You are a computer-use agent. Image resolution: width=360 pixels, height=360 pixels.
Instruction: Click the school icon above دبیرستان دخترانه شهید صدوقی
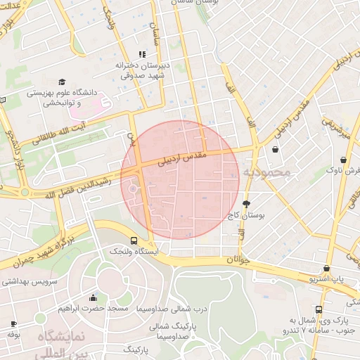pyautogui.click(x=143, y=53)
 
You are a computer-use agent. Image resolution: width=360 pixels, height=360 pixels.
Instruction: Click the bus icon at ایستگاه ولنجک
pyautogui.click(x=134, y=240)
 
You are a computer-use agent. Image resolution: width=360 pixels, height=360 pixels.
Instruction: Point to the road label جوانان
pyautogui.click(x=234, y=260)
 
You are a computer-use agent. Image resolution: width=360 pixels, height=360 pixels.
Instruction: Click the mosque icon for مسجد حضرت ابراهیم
pyautogui.click(x=94, y=297)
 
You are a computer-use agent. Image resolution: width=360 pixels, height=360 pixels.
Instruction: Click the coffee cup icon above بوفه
pyautogui.click(x=13, y=323)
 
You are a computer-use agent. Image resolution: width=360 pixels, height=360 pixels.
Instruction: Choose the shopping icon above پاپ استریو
pyautogui.click(x=326, y=269)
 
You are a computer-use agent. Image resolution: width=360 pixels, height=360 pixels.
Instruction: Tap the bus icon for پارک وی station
pyautogui.click(x=319, y=309)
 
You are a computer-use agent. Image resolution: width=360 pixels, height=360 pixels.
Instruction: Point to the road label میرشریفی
pyautogui.click(x=336, y=126)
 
